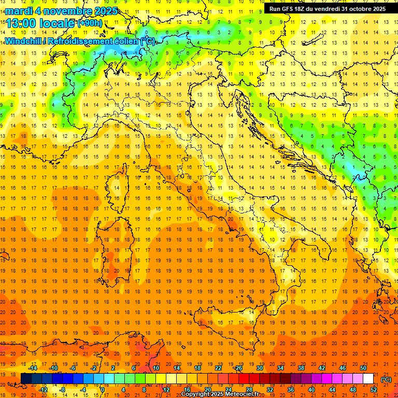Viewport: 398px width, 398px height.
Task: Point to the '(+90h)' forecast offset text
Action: (90, 23)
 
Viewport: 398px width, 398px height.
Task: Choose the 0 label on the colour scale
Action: (102, 390)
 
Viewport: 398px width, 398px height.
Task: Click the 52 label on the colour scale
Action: (373, 390)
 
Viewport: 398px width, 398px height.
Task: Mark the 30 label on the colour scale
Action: (259, 368)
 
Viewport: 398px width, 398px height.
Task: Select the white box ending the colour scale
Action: (368, 379)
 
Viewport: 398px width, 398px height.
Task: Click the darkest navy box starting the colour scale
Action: (26, 379)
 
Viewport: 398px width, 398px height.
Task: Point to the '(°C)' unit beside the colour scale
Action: (387, 379)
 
